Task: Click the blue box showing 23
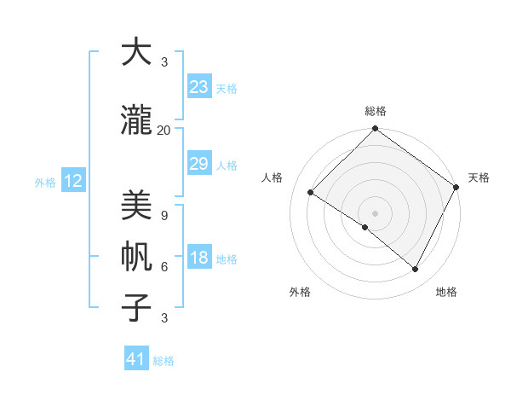click(x=199, y=87)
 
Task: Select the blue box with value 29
click(x=199, y=164)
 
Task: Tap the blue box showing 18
click(x=199, y=258)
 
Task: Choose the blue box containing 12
click(x=72, y=181)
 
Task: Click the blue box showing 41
click(x=136, y=359)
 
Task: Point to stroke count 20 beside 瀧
click(x=164, y=130)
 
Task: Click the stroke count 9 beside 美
click(x=164, y=215)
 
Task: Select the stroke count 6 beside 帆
click(x=164, y=266)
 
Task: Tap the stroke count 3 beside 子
click(x=164, y=318)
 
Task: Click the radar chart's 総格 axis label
click(x=376, y=112)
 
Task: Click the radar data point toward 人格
click(x=311, y=193)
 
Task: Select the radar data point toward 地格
click(x=416, y=270)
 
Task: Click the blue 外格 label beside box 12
click(x=45, y=182)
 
